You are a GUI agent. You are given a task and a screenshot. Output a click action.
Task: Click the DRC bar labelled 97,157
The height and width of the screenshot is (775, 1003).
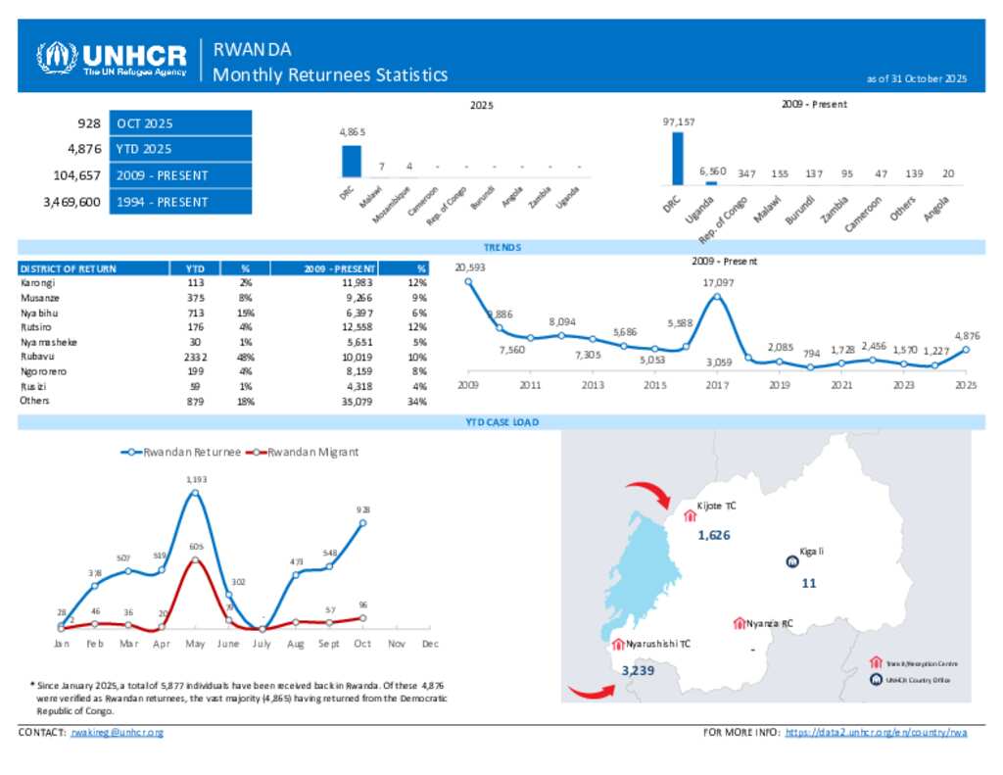[x=677, y=158]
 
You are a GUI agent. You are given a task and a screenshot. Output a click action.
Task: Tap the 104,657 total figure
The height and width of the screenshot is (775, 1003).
[x=75, y=176]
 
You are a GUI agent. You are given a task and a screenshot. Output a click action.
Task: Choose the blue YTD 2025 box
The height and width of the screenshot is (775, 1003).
[x=180, y=149]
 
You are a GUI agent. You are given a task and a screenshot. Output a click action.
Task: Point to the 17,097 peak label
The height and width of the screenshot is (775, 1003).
[x=718, y=283]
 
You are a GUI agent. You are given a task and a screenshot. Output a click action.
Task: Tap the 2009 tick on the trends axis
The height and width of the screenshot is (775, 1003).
[x=468, y=386]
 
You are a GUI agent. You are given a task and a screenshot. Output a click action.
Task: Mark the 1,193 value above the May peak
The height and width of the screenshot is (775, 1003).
[x=197, y=479]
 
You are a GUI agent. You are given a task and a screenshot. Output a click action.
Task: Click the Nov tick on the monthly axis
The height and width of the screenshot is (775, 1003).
[x=396, y=644]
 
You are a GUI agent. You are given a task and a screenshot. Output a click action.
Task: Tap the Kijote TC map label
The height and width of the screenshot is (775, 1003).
[x=715, y=506]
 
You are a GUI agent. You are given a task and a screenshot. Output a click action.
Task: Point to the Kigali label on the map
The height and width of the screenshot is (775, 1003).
[x=812, y=552]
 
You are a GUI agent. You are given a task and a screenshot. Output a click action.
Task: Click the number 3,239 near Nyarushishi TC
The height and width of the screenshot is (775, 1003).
[x=638, y=670]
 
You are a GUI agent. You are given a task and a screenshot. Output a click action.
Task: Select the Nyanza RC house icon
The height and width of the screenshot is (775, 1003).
[x=738, y=623]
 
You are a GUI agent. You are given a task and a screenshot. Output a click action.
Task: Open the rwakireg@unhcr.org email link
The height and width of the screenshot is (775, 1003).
[x=118, y=733]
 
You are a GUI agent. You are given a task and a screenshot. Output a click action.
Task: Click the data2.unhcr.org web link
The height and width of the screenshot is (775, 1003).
[x=877, y=733]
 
